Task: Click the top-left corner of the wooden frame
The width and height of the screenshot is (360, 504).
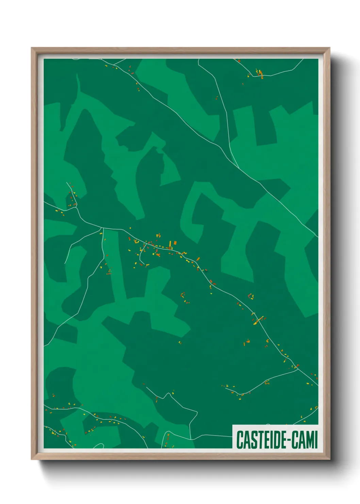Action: (x=32, y=48)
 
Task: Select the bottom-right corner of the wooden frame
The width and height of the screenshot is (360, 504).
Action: (x=329, y=459)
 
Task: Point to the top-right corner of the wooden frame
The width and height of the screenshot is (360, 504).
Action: (x=329, y=48)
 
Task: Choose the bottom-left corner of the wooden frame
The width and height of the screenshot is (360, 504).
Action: (x=32, y=459)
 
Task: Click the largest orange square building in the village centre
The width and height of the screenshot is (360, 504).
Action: (x=175, y=243)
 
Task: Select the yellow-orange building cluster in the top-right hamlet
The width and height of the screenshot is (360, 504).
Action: (x=260, y=74)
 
